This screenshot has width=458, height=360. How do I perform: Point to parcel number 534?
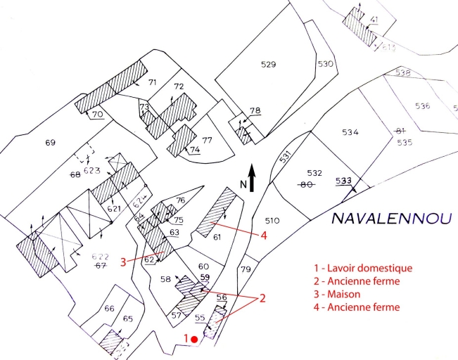350,132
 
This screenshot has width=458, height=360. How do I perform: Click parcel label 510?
272,221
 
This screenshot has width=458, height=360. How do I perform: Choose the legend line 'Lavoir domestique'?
364,268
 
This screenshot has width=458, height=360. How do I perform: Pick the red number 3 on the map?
123,262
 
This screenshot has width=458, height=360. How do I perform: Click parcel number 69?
49,143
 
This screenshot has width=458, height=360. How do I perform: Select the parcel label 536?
422,106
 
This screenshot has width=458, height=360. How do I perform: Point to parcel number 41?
374,19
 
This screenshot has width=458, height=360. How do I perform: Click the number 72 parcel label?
179,86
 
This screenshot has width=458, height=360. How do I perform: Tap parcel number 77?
207,140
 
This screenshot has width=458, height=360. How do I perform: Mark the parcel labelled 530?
324,64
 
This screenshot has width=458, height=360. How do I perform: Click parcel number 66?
108,309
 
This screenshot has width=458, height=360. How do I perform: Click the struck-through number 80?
306,186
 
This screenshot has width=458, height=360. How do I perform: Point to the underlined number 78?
255,110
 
